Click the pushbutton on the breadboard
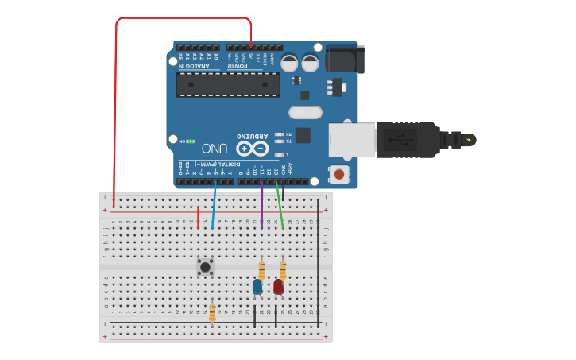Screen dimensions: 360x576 205,267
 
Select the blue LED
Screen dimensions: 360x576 257,286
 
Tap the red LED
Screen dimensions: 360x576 278,286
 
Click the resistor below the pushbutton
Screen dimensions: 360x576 212,312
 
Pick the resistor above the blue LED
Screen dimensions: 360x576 261,270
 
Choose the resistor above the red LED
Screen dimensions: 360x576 282,270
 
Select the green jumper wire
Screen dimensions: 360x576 280,205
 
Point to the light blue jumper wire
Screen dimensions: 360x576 214,205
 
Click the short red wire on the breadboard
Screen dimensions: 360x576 198,217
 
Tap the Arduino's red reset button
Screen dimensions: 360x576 339,173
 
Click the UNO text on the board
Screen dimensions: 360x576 215,149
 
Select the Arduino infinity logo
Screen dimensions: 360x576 253,148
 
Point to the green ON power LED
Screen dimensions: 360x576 191,141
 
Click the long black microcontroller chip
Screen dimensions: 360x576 228,83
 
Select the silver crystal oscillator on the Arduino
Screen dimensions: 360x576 305,113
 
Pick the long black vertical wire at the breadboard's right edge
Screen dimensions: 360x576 319,262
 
